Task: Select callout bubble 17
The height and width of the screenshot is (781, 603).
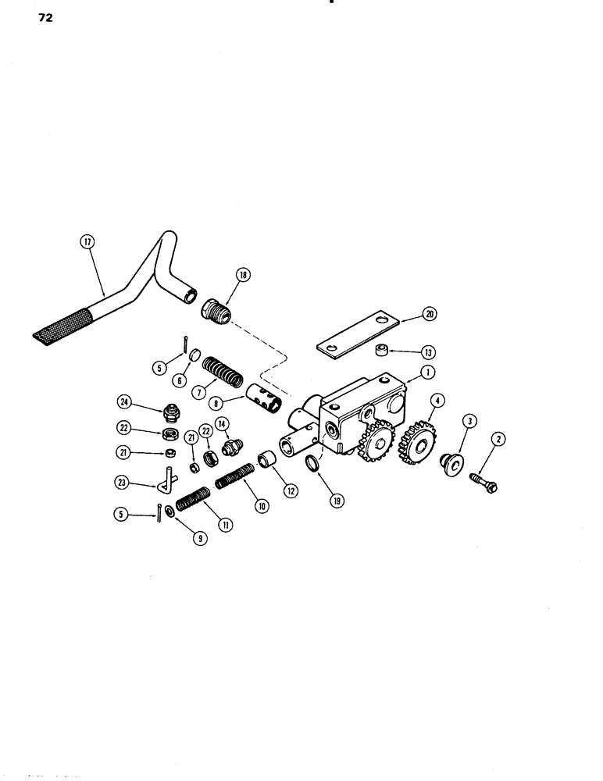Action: point(86,243)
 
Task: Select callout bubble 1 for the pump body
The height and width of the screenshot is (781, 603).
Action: point(426,373)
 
